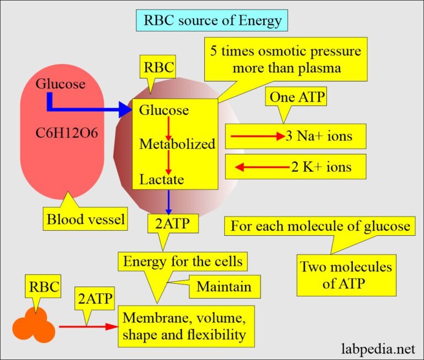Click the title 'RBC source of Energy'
tap(212, 21)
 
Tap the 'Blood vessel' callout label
tap(86, 220)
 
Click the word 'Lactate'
tap(161, 179)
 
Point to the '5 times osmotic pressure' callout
tap(285, 60)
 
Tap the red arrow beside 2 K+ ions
tap(259, 166)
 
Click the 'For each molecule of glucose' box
tap(320, 226)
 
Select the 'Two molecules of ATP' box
tap(345, 274)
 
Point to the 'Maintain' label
tap(224, 287)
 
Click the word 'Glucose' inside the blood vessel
tap(60, 84)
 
